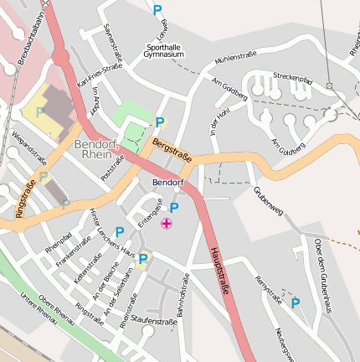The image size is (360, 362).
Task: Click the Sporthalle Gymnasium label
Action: pyautogui.click(x=163, y=50)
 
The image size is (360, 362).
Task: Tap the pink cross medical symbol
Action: pyautogui.click(x=167, y=224)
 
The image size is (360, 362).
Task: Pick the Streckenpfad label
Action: pyautogui.click(x=292, y=77)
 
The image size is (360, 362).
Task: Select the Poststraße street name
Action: pyautogui.click(x=112, y=165)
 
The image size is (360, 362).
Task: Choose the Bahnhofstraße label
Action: pyautogui.click(x=181, y=298)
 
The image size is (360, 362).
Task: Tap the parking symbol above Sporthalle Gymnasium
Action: pyautogui.click(x=157, y=10)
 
